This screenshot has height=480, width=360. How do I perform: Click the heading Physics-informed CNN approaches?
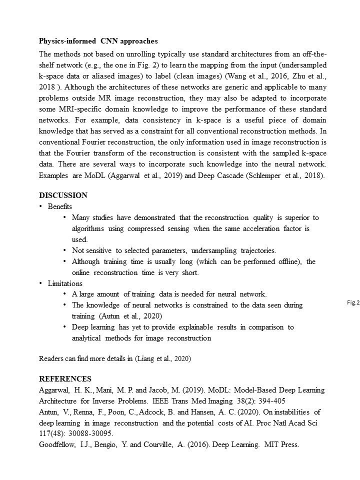pyautogui.click(x=98, y=41)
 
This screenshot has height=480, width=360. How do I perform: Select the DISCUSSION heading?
pyautogui.click(x=63, y=195)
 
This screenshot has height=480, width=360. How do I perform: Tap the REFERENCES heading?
pyautogui.click(x=65, y=379)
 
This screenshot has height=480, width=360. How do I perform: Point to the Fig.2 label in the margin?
pyautogui.click(x=353, y=302)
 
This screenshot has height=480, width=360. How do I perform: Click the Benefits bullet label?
pyautogui.click(x=60, y=206)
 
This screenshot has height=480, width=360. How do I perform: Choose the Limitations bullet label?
pyautogui.click(x=65, y=283)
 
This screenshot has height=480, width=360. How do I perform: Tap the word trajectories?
pyautogui.click(x=255, y=250)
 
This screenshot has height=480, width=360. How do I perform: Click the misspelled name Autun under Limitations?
pyautogui.click(x=111, y=316)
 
